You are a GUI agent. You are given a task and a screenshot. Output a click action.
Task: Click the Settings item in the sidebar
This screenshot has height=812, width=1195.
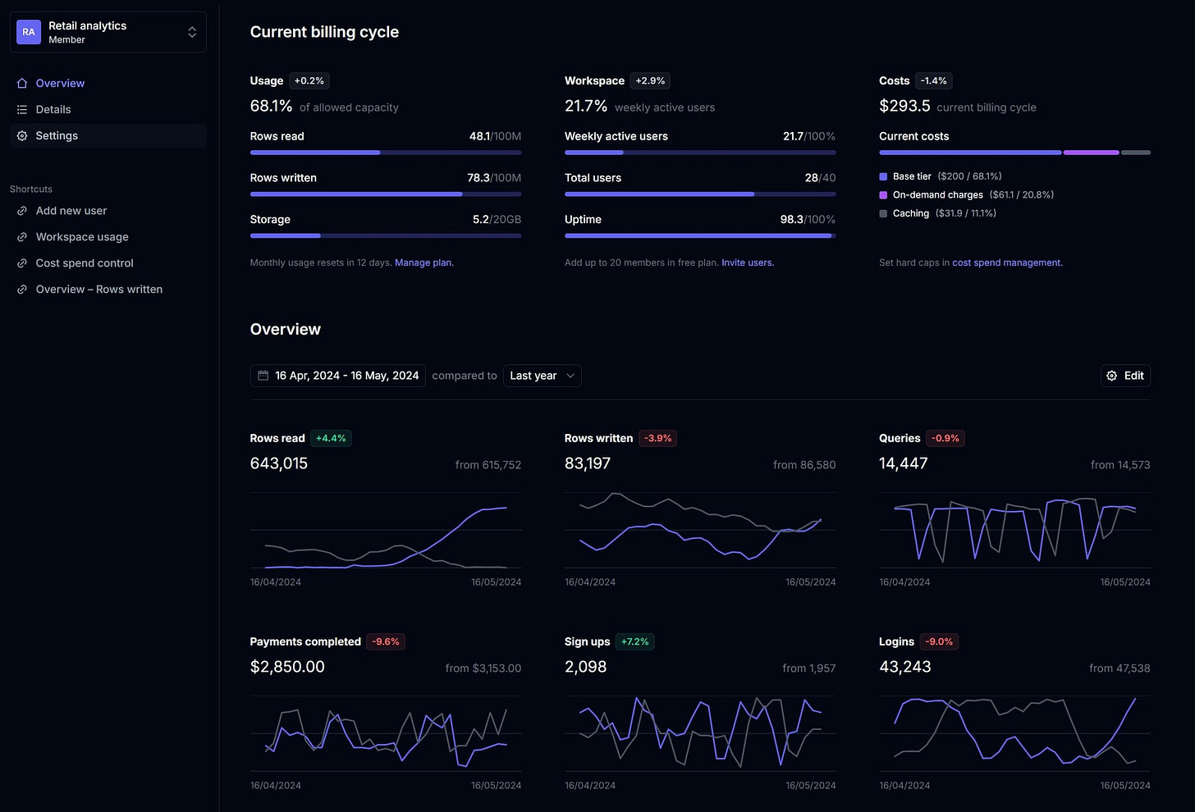click(x=57, y=136)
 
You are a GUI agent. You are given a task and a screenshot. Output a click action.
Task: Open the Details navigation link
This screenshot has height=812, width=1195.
click(x=53, y=110)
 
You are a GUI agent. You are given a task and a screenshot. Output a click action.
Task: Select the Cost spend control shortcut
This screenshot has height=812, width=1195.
click(x=84, y=263)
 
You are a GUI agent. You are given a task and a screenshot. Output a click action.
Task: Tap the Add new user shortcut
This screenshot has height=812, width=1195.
click(x=71, y=211)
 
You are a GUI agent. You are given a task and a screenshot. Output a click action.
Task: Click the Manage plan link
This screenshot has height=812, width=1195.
click(x=424, y=263)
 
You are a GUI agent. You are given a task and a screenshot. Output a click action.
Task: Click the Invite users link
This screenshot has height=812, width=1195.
click(x=747, y=263)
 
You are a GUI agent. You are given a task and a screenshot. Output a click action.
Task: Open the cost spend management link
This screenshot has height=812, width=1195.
click(x=1006, y=263)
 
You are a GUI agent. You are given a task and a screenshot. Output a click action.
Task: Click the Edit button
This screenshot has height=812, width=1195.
click(x=1125, y=376)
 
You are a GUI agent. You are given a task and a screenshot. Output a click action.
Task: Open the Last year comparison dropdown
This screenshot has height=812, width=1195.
click(x=542, y=376)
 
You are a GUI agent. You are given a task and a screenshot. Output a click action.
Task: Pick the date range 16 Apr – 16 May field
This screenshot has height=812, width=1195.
click(x=337, y=376)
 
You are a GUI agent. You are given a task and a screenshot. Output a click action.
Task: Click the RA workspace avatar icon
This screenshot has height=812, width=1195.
click(x=29, y=32)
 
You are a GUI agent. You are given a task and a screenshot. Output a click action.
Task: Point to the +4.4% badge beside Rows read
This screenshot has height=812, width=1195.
click(x=331, y=439)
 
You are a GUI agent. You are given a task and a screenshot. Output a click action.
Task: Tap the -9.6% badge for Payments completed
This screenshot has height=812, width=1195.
click(x=385, y=642)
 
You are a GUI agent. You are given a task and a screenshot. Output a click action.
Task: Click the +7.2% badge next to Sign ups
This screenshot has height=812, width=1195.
click(x=634, y=642)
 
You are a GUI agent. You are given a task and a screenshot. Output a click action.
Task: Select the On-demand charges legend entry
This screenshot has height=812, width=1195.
click(x=937, y=195)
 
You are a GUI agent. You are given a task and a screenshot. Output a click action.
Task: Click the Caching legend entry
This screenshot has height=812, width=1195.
click(x=910, y=213)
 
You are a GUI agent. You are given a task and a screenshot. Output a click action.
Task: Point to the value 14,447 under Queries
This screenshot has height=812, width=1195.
click(x=903, y=463)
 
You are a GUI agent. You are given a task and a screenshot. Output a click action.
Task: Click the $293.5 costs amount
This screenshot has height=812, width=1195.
click(x=904, y=107)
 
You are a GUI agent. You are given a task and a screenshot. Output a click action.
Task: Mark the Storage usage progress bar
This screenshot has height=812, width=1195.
click(x=385, y=236)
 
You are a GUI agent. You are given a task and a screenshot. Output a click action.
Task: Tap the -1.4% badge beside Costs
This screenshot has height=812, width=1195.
click(x=933, y=81)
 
